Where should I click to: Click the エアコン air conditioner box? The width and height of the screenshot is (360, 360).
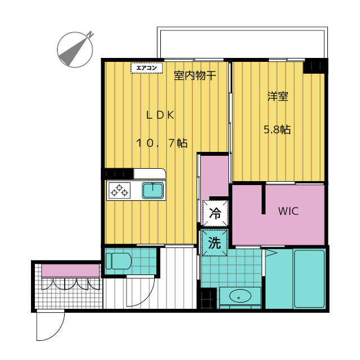pyautogui.click(x=146, y=68)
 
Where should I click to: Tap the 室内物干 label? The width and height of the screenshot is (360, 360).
pyautogui.click(x=195, y=75)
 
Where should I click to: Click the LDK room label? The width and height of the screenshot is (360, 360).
pyautogui.click(x=160, y=115)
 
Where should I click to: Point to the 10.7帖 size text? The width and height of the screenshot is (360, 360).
pyautogui.click(x=162, y=143)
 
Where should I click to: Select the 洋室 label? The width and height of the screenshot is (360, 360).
pyautogui.click(x=278, y=96)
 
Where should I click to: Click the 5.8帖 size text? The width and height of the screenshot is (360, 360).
pyautogui.click(x=277, y=130)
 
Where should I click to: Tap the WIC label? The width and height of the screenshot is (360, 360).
pyautogui.click(x=289, y=211)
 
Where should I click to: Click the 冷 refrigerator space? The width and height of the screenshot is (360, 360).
pyautogui.click(x=215, y=213)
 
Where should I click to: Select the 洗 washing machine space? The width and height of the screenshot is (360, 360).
pyautogui.click(x=214, y=242)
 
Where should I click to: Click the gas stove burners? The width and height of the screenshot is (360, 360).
pyautogui.click(x=119, y=191)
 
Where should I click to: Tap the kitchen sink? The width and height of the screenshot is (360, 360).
pyautogui.click(x=153, y=191)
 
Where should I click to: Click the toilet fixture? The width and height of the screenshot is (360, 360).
pyautogui.click(x=119, y=261)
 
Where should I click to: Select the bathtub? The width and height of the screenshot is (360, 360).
pyautogui.click(x=309, y=279)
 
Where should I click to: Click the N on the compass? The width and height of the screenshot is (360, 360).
pyautogui.click(x=90, y=35)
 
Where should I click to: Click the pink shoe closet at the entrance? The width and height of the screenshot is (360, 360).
pyautogui.click(x=70, y=271)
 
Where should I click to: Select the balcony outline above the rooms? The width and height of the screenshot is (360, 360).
pyautogui.click(x=242, y=29)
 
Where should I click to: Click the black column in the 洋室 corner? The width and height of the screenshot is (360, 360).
pyautogui.click(x=314, y=66)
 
